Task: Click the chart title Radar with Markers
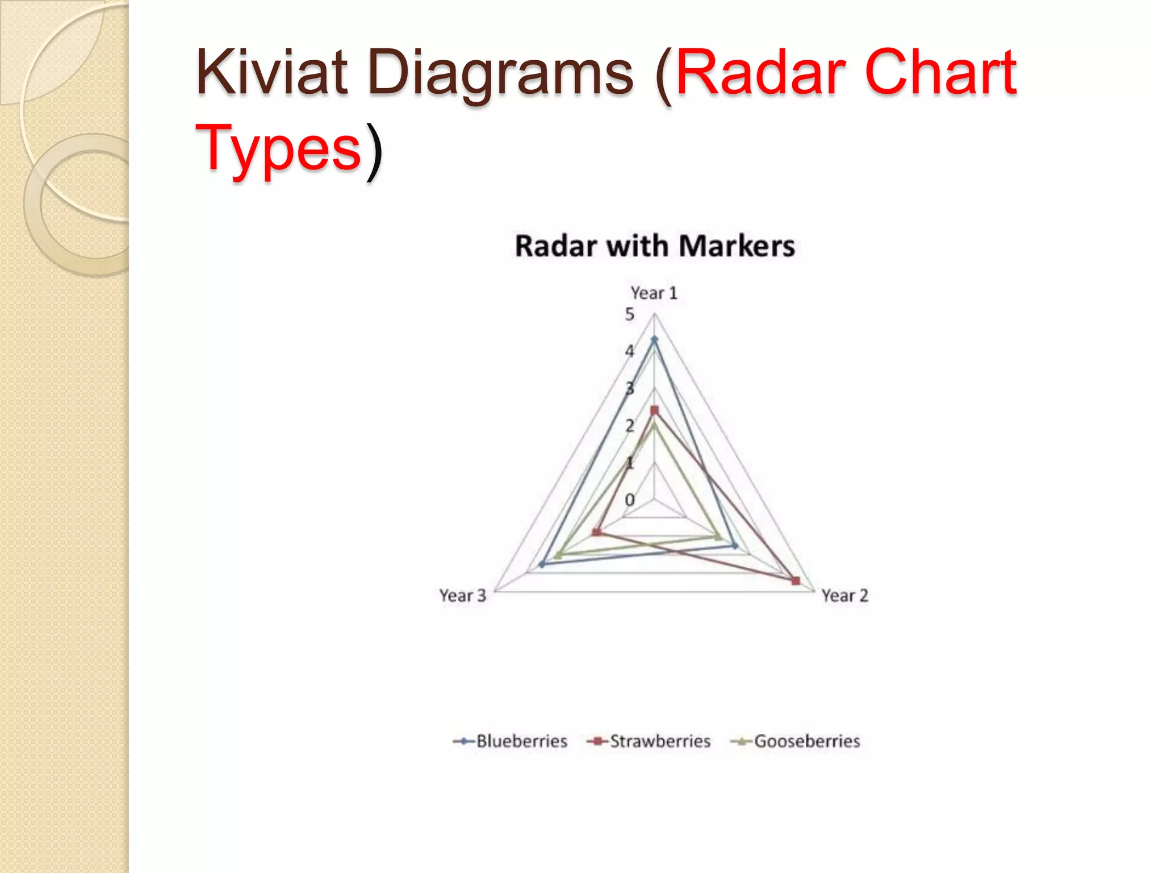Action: [x=654, y=247]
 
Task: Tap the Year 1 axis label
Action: [x=654, y=293]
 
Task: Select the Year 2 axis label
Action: [x=844, y=596]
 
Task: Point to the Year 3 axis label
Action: [x=463, y=596]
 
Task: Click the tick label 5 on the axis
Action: [x=629, y=314]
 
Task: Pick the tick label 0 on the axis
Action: [x=629, y=500]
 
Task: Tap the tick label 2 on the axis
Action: [x=629, y=426]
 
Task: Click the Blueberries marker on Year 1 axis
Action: [x=654, y=340]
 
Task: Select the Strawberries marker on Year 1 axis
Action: [x=654, y=410]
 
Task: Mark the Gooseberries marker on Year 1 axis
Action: [x=654, y=425]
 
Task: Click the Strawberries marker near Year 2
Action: [x=796, y=581]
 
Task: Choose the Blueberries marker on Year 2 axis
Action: [x=735, y=546]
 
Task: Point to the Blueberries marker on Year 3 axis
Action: [x=542, y=564]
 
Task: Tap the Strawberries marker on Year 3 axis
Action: [x=596, y=533]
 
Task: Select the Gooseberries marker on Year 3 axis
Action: [x=558, y=555]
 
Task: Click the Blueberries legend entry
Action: [x=511, y=741]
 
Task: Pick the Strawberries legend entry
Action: [x=649, y=741]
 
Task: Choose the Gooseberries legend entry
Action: [x=796, y=741]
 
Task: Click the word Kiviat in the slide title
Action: [x=271, y=73]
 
